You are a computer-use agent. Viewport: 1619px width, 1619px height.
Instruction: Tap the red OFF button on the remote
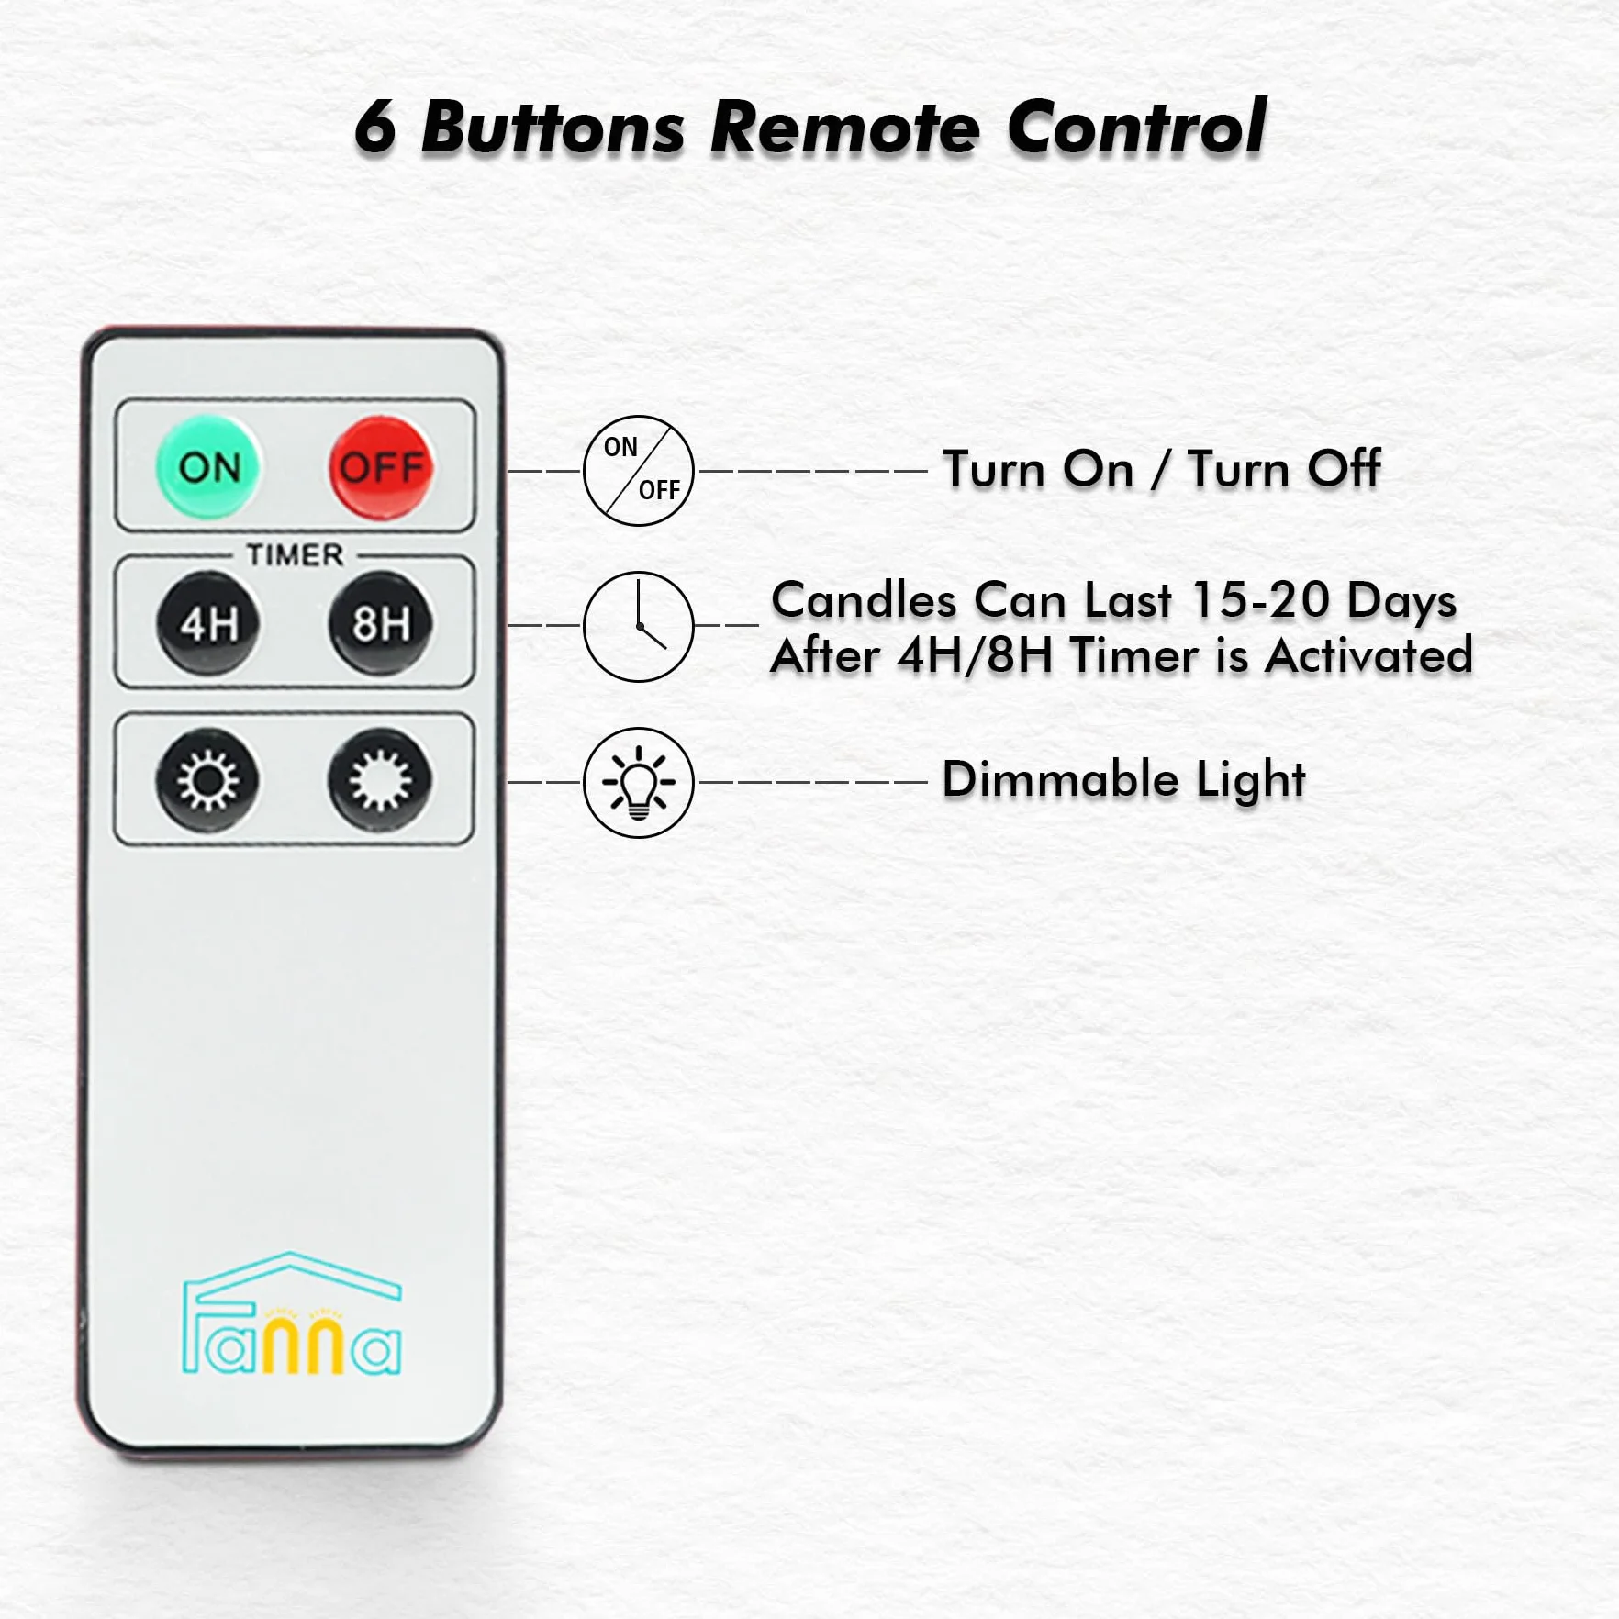point(381,467)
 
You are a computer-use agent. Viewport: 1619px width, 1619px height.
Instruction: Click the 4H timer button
point(208,623)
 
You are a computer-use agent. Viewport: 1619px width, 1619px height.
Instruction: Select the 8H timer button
point(381,623)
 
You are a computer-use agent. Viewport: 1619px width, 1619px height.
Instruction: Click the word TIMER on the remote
point(295,554)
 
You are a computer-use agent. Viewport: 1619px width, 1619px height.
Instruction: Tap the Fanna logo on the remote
point(292,1313)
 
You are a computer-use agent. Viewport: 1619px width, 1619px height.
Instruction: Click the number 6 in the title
point(375,127)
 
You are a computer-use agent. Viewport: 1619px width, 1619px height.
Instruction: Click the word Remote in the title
point(845,127)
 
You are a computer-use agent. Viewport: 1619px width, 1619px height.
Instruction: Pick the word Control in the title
point(1137,127)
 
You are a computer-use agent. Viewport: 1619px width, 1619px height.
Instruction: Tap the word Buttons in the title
point(553,127)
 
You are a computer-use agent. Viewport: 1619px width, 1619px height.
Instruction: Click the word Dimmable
point(1060,780)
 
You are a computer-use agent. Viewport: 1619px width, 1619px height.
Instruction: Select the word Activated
point(1368,655)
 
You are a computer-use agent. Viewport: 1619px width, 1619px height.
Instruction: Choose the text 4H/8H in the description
point(976,655)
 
